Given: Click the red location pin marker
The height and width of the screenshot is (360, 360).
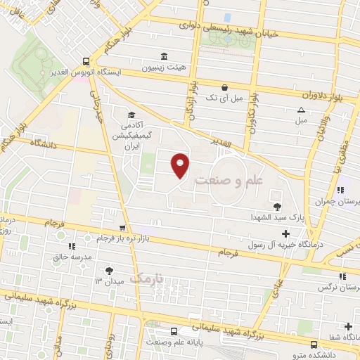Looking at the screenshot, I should tap(181, 165).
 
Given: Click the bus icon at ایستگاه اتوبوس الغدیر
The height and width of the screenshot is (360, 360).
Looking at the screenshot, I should tap(85, 61).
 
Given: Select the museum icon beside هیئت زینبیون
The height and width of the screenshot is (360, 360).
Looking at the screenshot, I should tap(164, 56).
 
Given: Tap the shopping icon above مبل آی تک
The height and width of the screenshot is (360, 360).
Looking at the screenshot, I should tap(224, 88).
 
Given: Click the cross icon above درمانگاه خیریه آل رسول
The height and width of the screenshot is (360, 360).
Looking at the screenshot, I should tap(285, 233).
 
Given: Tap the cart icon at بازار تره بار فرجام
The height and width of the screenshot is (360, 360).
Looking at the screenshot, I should tap(123, 227).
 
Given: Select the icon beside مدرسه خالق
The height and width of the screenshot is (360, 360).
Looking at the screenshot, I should tap(72, 246).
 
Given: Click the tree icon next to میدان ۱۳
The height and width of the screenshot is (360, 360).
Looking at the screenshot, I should tap(109, 269).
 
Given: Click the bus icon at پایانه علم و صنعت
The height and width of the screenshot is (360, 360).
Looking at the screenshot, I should tap(174, 331).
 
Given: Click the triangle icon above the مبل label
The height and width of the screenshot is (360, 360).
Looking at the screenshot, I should tap(301, 110).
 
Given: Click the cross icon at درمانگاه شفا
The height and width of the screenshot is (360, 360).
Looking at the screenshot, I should tap(349, 326).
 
